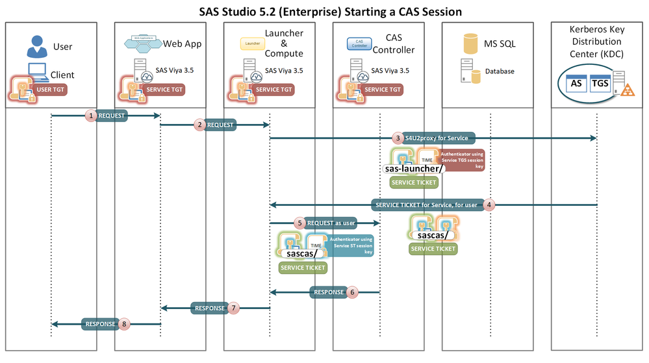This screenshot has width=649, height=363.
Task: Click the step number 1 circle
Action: pyautogui.click(x=92, y=115)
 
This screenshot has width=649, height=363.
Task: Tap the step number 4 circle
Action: pyautogui.click(x=490, y=205)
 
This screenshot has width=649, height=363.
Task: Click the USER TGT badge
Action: pyautogui.click(x=50, y=89)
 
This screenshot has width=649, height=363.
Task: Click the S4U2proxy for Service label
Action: pyautogui.click(x=439, y=138)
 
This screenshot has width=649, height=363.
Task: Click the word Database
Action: pyautogui.click(x=500, y=71)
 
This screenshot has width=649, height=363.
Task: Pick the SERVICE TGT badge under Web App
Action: pyautogui.click(x=162, y=89)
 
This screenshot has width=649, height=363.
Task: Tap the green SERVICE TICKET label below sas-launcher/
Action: pyautogui.click(x=414, y=183)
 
